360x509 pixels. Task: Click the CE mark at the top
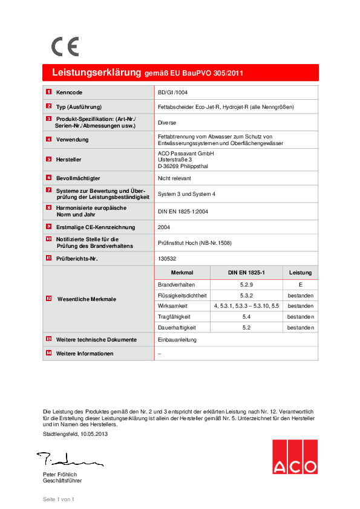click(65, 47)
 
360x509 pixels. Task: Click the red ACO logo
click(294, 456)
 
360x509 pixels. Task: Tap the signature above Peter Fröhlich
click(68, 459)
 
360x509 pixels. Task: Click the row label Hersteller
click(68, 160)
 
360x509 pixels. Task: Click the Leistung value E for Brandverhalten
click(300, 284)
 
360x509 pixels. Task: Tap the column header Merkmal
click(182, 273)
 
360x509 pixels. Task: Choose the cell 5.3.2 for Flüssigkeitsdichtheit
click(246, 295)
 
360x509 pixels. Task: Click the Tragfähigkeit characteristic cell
click(174, 316)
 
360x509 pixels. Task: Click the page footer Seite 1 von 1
click(58, 499)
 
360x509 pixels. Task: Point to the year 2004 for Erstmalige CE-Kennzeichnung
click(164, 227)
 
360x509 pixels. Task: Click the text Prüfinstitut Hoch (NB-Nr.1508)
click(194, 243)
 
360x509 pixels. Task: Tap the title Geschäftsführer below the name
click(62, 481)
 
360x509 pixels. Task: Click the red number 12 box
click(49, 299)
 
